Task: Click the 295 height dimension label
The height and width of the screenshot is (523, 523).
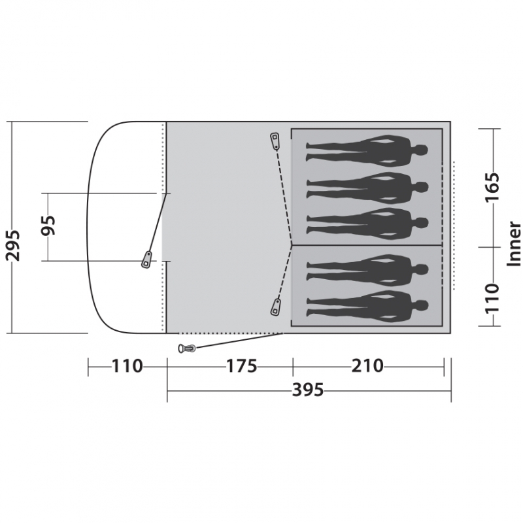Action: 13,245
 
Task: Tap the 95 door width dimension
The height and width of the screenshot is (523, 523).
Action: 48,225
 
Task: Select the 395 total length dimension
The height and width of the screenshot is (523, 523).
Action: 308,390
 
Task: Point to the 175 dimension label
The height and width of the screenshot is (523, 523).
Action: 242,366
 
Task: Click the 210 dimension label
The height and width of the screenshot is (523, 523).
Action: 367,366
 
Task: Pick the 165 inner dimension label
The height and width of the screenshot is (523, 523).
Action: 493,187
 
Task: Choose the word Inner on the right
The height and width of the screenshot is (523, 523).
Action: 514,244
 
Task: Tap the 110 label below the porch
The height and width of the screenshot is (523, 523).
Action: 127,366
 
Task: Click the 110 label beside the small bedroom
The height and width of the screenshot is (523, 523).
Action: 493,299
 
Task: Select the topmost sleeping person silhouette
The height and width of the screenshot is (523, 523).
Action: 367,151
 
